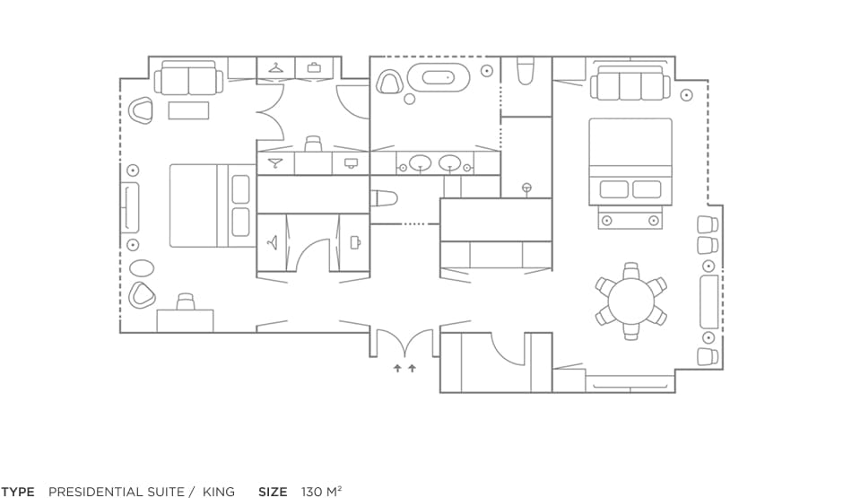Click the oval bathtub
coord(439,77)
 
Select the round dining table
coord(631,300)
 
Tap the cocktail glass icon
coord(275,163)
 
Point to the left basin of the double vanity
coord(420,163)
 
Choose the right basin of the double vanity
coord(449,163)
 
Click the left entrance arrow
coord(397,369)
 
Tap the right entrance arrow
coord(413,369)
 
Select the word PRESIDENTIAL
coord(116,492)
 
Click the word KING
coord(218,492)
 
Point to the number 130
coord(311,492)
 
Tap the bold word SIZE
coord(273,492)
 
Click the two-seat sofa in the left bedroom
coord(188,78)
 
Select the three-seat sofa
coord(630,83)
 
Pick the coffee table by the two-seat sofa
coord(188,110)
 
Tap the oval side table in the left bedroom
coord(142,267)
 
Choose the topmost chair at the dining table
coord(631,270)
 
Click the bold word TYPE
coord(18,492)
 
